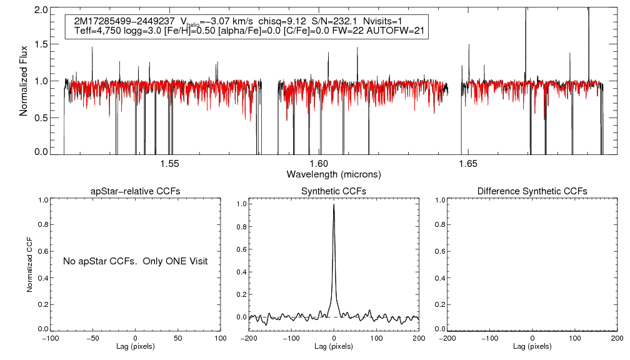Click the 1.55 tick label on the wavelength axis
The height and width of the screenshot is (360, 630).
coord(170,164)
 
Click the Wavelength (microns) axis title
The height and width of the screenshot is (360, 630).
coord(334,174)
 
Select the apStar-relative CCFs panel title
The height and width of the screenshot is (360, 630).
coord(135,191)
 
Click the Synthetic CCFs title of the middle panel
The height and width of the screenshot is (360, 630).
coord(334,191)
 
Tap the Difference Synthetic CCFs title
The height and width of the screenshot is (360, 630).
coord(532,191)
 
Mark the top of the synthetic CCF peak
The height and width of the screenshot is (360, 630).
coord(334,204)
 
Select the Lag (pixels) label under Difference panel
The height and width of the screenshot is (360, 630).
coord(532,346)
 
